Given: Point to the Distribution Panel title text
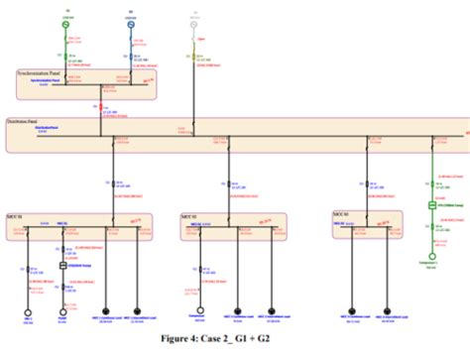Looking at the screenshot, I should click(x=30, y=119).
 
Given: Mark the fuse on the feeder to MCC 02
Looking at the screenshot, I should click(x=229, y=183).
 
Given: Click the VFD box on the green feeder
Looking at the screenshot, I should click(x=432, y=205).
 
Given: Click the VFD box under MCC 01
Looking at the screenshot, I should click(x=64, y=268).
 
